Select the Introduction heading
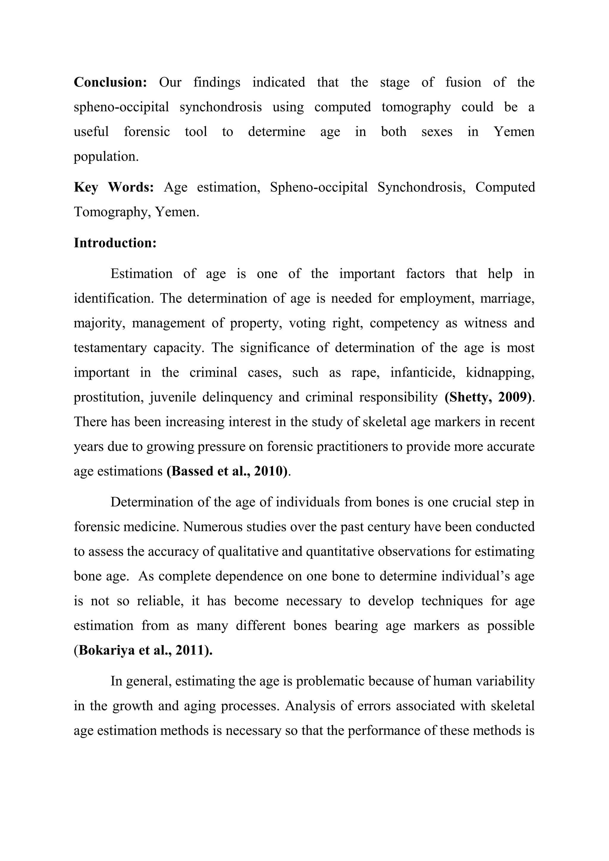[x=115, y=243]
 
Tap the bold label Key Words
[x=114, y=187]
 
